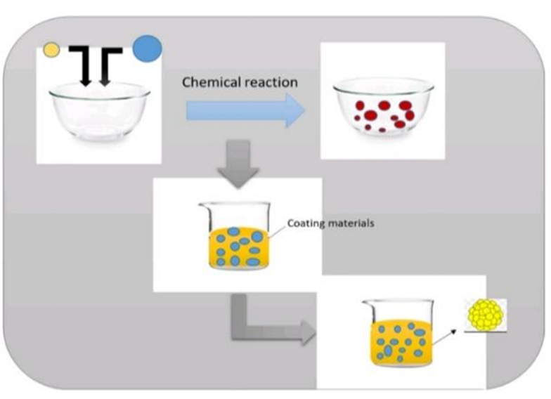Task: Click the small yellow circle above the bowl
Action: click(x=51, y=50)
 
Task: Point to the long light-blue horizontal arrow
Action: click(x=239, y=110)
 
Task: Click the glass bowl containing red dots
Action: click(x=382, y=110)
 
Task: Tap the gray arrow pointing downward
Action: click(x=240, y=161)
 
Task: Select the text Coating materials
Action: click(x=330, y=224)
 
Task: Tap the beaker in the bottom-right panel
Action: click(x=399, y=334)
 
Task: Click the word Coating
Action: click(x=303, y=224)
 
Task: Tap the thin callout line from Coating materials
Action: click(x=275, y=233)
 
